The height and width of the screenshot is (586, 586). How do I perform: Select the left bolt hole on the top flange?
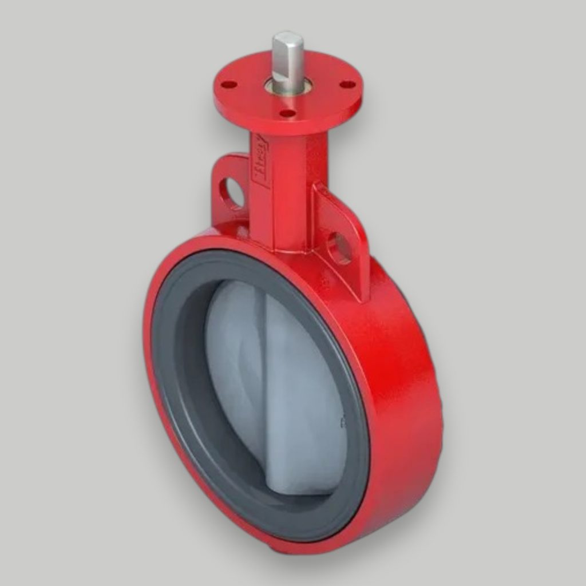pos(229,85)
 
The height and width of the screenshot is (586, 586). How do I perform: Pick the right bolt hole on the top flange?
pos(347,85)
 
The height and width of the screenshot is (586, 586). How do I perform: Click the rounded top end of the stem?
pos(287,39)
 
